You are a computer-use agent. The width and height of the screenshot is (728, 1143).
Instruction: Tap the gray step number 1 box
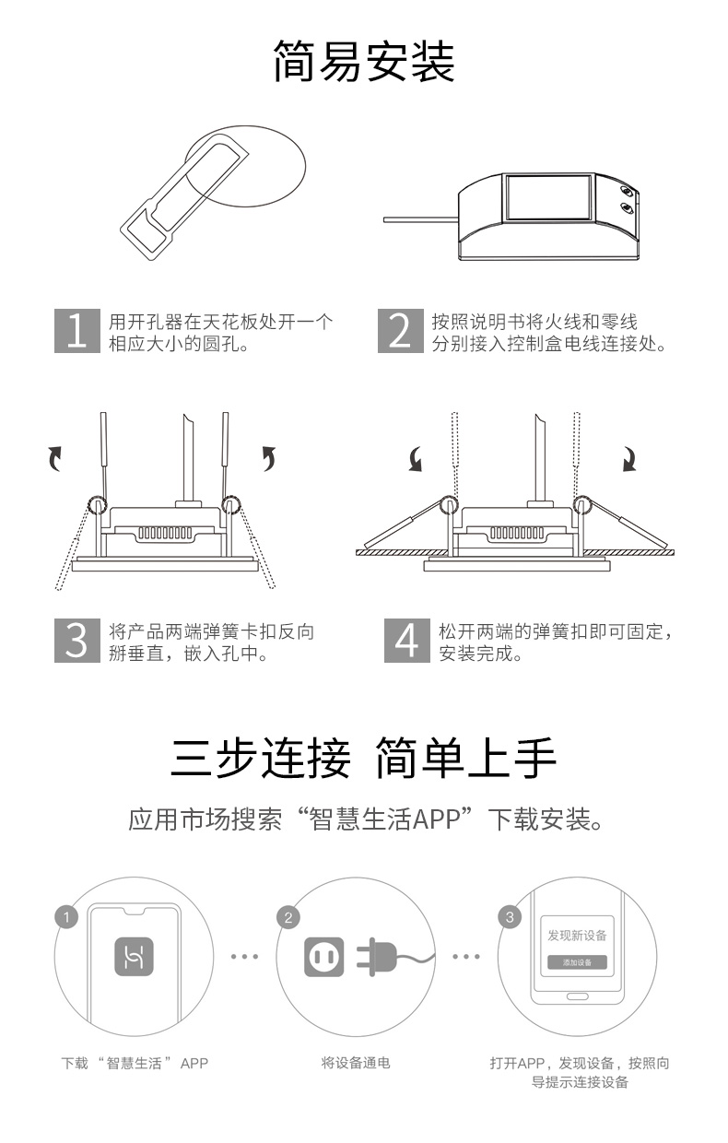pos(77,331)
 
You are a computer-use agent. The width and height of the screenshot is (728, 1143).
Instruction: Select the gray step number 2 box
pos(401,331)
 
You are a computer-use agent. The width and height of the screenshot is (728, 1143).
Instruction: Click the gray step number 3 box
pos(77,641)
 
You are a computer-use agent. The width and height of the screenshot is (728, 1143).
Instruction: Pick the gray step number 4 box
pos(406,641)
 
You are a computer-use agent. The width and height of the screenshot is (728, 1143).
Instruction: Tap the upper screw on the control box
pos(627,192)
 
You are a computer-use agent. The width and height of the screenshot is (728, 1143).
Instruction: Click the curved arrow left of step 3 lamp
pos(55,458)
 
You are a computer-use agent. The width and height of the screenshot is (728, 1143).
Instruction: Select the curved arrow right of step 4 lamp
pos(629,459)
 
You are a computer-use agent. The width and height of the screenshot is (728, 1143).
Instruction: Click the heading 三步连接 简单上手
pos(363,758)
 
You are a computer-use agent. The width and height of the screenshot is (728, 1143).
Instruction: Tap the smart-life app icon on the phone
pos(134,956)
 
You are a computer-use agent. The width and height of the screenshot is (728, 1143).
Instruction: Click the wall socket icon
pos(324,957)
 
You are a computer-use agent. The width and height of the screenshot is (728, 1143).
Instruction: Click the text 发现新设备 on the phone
pos(577,936)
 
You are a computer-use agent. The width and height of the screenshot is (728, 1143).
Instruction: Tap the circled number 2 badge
pos(288,918)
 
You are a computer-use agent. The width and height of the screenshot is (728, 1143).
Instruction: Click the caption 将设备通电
pos(356,1063)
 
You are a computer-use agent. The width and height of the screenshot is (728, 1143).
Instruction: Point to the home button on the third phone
pos(577,996)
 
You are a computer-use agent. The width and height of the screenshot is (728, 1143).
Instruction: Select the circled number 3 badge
pos(510,917)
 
